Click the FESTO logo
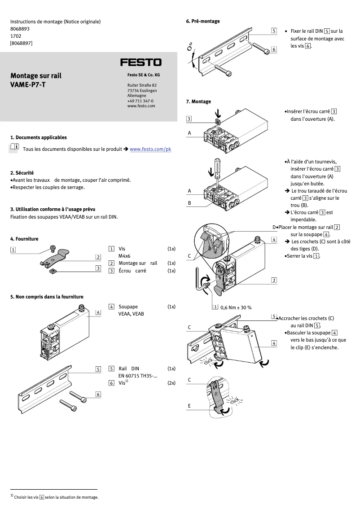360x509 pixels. pyautogui.click(x=140, y=62)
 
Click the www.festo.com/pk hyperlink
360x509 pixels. pyautogui.click(x=150, y=149)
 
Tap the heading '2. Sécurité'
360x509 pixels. pyautogui.click(x=22, y=173)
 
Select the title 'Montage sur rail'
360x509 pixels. pyautogui.click(x=36, y=76)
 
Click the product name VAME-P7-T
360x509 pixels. pyautogui.click(x=28, y=84)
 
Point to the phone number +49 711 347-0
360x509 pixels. pyautogui.click(x=140, y=101)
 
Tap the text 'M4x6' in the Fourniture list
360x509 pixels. pyautogui.click(x=124, y=256)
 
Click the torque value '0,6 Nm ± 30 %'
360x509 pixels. pyautogui.click(x=236, y=307)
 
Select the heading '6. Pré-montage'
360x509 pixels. pyautogui.click(x=203, y=21)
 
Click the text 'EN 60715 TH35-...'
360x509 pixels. pyautogui.click(x=138, y=376)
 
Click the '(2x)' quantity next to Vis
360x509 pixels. pyautogui.click(x=171, y=383)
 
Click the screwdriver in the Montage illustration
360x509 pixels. pyautogui.click(x=217, y=168)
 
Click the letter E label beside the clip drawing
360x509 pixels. pyautogui.click(x=189, y=405)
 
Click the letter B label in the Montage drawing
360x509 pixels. pyautogui.click(x=189, y=203)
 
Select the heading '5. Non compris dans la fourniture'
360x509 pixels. pyautogui.click(x=47, y=297)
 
